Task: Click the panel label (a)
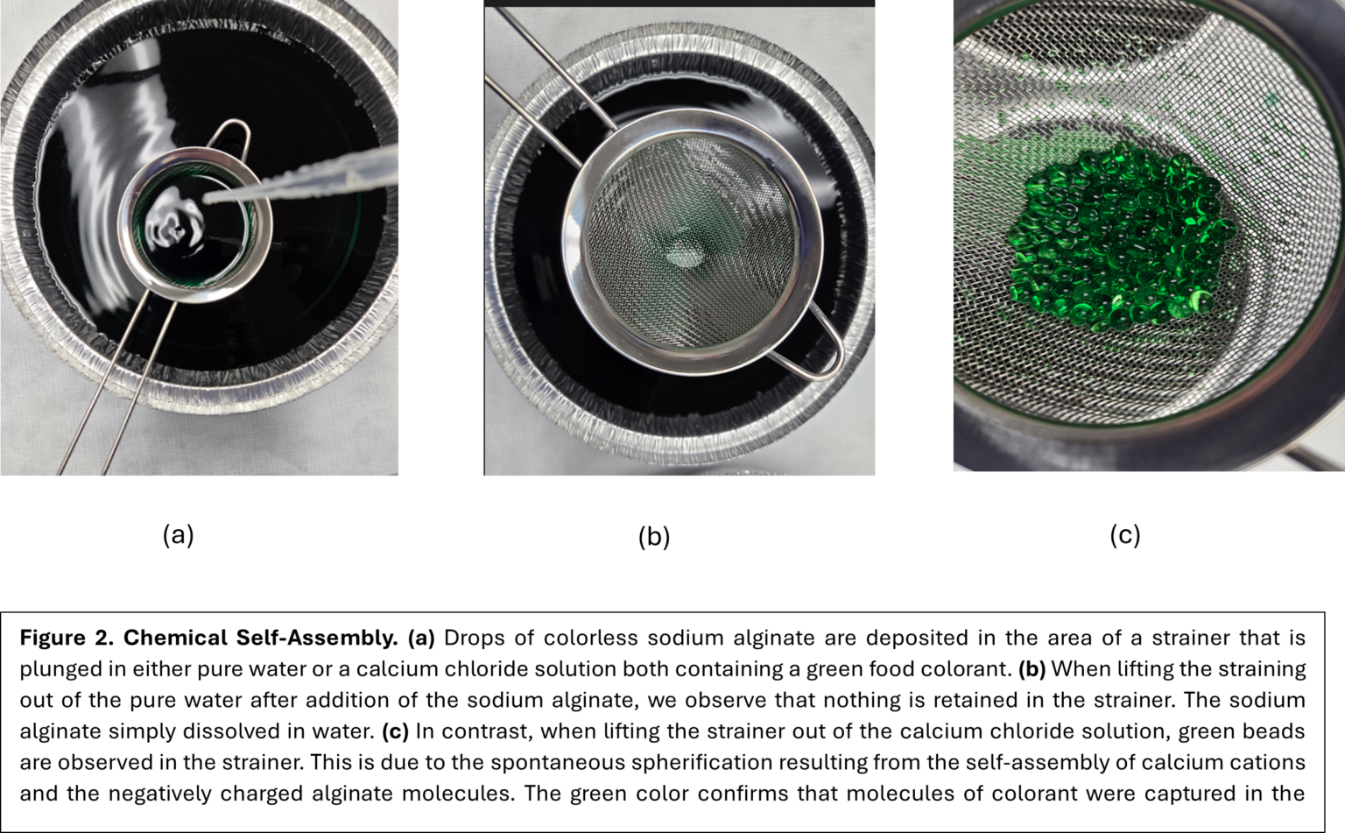click(178, 535)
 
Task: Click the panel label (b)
click(654, 537)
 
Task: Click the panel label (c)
click(1125, 535)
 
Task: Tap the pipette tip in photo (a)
click(211, 200)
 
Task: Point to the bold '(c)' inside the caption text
click(395, 731)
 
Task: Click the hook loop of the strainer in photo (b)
click(823, 346)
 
